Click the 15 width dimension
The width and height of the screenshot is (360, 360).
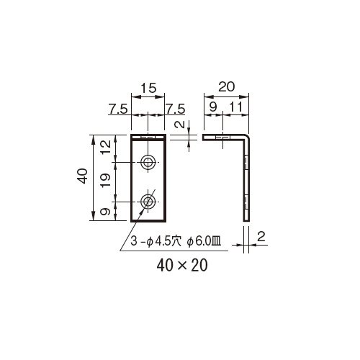click(x=148, y=88)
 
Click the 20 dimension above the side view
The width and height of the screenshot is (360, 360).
click(x=226, y=86)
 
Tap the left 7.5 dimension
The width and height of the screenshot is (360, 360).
click(x=118, y=109)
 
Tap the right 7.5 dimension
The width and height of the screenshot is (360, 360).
click(x=176, y=109)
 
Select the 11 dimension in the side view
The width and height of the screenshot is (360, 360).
click(x=236, y=107)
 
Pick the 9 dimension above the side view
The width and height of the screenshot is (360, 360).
click(x=213, y=107)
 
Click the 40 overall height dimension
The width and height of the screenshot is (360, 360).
click(x=84, y=176)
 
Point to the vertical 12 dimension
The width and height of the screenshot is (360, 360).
click(x=106, y=147)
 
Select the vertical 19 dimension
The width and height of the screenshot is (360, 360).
click(x=106, y=180)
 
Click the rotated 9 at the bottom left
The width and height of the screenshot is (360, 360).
click(x=106, y=212)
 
